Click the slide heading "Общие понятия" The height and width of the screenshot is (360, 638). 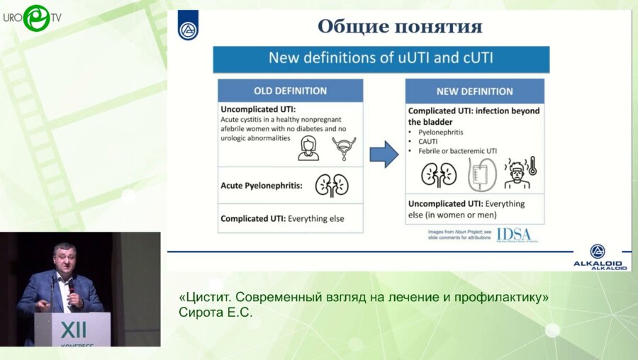400,27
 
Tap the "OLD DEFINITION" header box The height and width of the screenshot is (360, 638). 290,91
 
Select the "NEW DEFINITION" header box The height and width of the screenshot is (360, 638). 474,91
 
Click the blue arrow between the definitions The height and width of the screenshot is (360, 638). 384,154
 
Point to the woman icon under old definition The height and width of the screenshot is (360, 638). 308,149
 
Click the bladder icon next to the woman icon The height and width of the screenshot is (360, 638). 344,148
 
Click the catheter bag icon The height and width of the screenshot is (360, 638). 480,174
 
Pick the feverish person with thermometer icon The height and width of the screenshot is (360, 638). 521,174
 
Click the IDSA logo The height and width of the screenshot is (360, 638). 513,235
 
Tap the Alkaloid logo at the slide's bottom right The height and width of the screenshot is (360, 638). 598,257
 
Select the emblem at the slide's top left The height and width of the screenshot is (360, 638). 188,26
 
